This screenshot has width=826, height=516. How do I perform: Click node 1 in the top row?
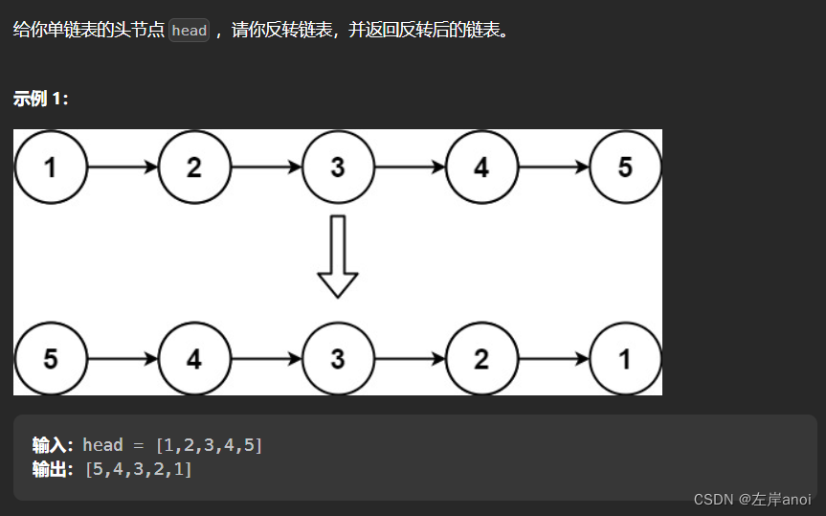[50, 168]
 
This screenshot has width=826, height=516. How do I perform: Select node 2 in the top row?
[194, 168]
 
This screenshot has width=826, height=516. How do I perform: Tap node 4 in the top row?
[481, 168]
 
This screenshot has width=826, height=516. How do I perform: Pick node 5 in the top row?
[625, 168]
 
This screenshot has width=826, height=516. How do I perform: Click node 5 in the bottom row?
[50, 359]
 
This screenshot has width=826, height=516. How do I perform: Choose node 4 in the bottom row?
[194, 359]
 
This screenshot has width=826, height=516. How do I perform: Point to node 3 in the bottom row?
[338, 359]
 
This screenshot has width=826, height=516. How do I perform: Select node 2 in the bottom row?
[481, 359]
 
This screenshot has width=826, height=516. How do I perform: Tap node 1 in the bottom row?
[625, 359]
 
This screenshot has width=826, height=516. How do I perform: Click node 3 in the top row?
[338, 168]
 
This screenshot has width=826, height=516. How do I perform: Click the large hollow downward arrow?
[338, 256]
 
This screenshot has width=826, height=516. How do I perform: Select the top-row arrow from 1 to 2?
[123, 168]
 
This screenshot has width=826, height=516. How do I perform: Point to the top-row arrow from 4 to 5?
[553, 168]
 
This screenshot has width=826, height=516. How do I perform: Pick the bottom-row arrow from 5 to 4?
[123, 359]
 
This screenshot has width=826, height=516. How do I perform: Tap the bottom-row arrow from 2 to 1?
[553, 359]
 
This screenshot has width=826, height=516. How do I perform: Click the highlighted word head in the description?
[189, 31]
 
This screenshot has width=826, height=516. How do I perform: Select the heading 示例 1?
[41, 99]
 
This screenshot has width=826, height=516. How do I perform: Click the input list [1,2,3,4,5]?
[209, 445]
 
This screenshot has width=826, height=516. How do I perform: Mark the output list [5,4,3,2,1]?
[138, 469]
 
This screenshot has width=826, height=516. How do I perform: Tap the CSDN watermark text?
[751, 500]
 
